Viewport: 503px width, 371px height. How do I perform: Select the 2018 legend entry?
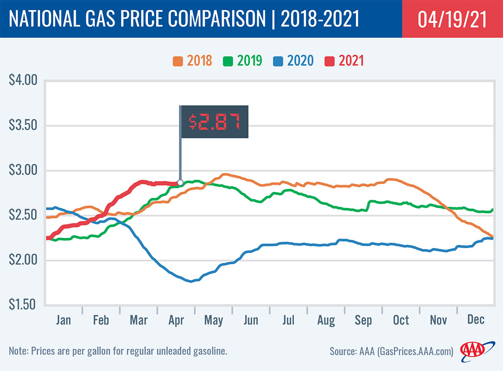click(192, 61)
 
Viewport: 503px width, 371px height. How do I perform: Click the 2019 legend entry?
click(242, 61)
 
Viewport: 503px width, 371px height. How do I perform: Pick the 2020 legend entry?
click(293, 61)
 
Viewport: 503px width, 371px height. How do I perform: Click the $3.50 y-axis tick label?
click(23, 126)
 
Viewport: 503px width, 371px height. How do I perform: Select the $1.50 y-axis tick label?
click(23, 305)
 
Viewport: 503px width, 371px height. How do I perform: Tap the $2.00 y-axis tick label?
click(23, 260)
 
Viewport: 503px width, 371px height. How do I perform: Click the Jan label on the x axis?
click(63, 320)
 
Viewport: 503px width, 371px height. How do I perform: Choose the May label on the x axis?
click(214, 320)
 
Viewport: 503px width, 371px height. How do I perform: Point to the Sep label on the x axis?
click(363, 320)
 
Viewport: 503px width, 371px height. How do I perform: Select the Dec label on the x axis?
click(476, 320)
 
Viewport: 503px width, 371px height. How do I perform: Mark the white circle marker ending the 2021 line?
click(180, 182)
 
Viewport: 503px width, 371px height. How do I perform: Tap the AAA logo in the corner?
click(472, 351)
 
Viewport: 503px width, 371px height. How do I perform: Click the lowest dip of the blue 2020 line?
click(191, 281)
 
